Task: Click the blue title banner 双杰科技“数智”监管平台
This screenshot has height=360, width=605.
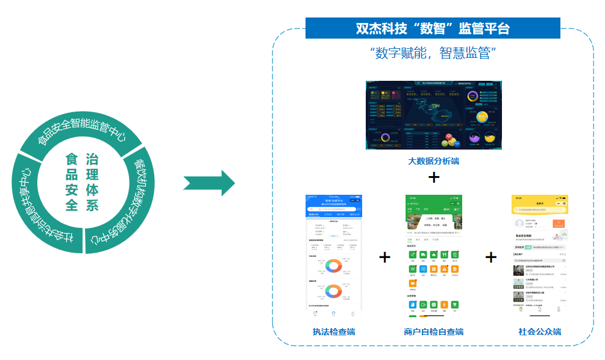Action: click(x=432, y=28)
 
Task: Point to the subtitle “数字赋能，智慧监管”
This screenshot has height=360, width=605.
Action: click(x=432, y=53)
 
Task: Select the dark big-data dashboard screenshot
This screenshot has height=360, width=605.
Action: click(x=433, y=115)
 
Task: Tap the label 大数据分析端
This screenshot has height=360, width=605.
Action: click(x=433, y=161)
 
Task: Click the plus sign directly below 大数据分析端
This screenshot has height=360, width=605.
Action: click(x=433, y=178)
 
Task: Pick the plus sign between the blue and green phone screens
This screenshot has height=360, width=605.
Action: click(x=384, y=257)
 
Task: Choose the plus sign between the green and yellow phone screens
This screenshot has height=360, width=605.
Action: click(x=491, y=257)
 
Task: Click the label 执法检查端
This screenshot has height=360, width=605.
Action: click(x=333, y=332)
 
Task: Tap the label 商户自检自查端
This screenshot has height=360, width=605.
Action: click(x=433, y=332)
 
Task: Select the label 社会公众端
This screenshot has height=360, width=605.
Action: click(x=539, y=332)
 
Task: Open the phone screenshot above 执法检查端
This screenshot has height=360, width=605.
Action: click(x=334, y=256)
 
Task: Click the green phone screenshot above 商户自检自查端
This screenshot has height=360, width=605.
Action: click(x=434, y=256)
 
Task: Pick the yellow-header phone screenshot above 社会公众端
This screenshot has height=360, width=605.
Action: click(x=539, y=256)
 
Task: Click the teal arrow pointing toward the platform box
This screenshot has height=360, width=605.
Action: click(x=208, y=183)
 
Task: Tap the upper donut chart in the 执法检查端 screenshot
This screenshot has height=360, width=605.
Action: click(x=333, y=265)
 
